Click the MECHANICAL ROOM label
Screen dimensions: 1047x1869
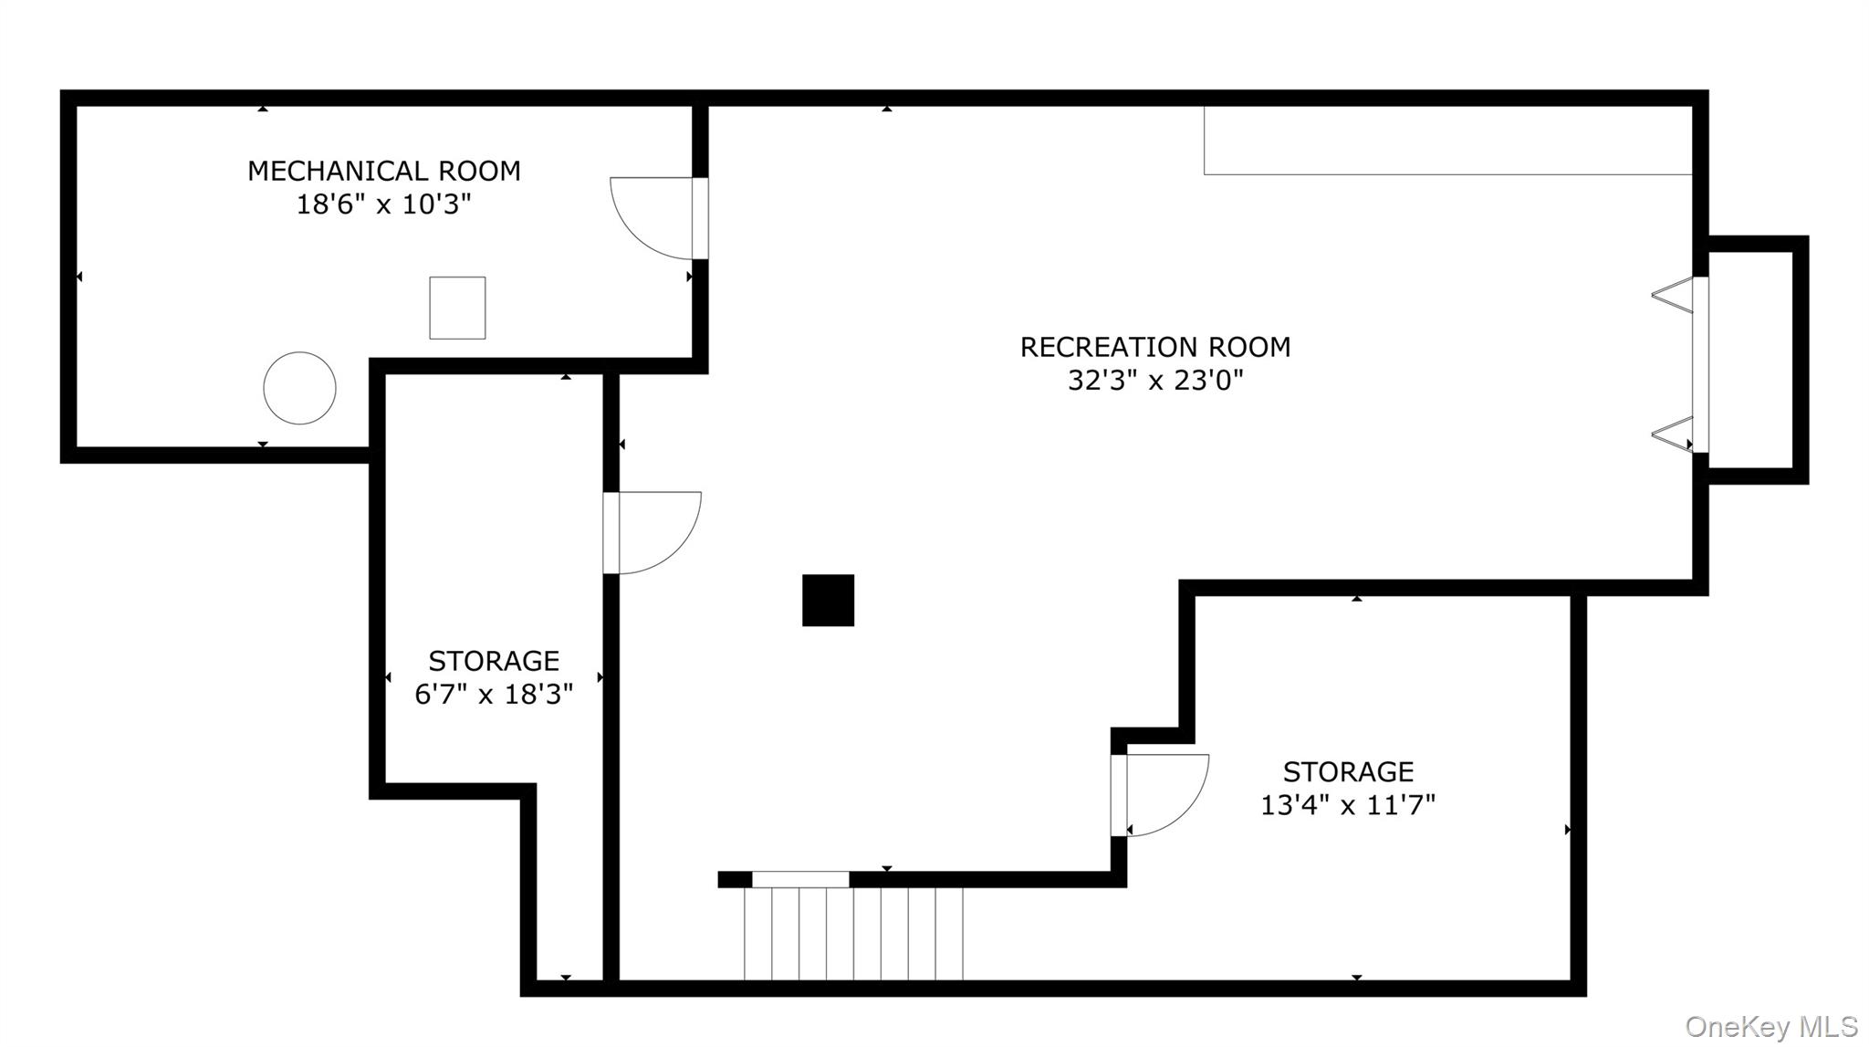point(383,171)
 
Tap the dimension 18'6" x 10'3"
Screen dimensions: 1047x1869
point(383,204)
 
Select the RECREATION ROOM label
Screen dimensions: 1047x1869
point(1154,347)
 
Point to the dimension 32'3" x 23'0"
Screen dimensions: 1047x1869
point(1155,381)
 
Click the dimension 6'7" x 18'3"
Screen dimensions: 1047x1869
point(494,695)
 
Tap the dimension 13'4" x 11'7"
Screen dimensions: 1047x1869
point(1348,805)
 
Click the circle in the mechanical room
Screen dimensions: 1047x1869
point(299,388)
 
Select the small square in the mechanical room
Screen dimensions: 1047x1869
point(457,308)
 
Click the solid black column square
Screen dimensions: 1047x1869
point(828,600)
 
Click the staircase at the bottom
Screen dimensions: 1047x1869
point(853,933)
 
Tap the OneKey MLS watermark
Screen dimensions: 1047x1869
point(1770,1027)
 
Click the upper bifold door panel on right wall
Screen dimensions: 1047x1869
point(1673,296)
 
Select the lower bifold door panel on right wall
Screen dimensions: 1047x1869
point(1673,434)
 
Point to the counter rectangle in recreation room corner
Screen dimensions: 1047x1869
point(1447,140)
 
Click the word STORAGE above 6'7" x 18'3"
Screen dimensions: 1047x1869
point(494,661)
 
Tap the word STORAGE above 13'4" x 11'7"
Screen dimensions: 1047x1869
point(1348,772)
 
